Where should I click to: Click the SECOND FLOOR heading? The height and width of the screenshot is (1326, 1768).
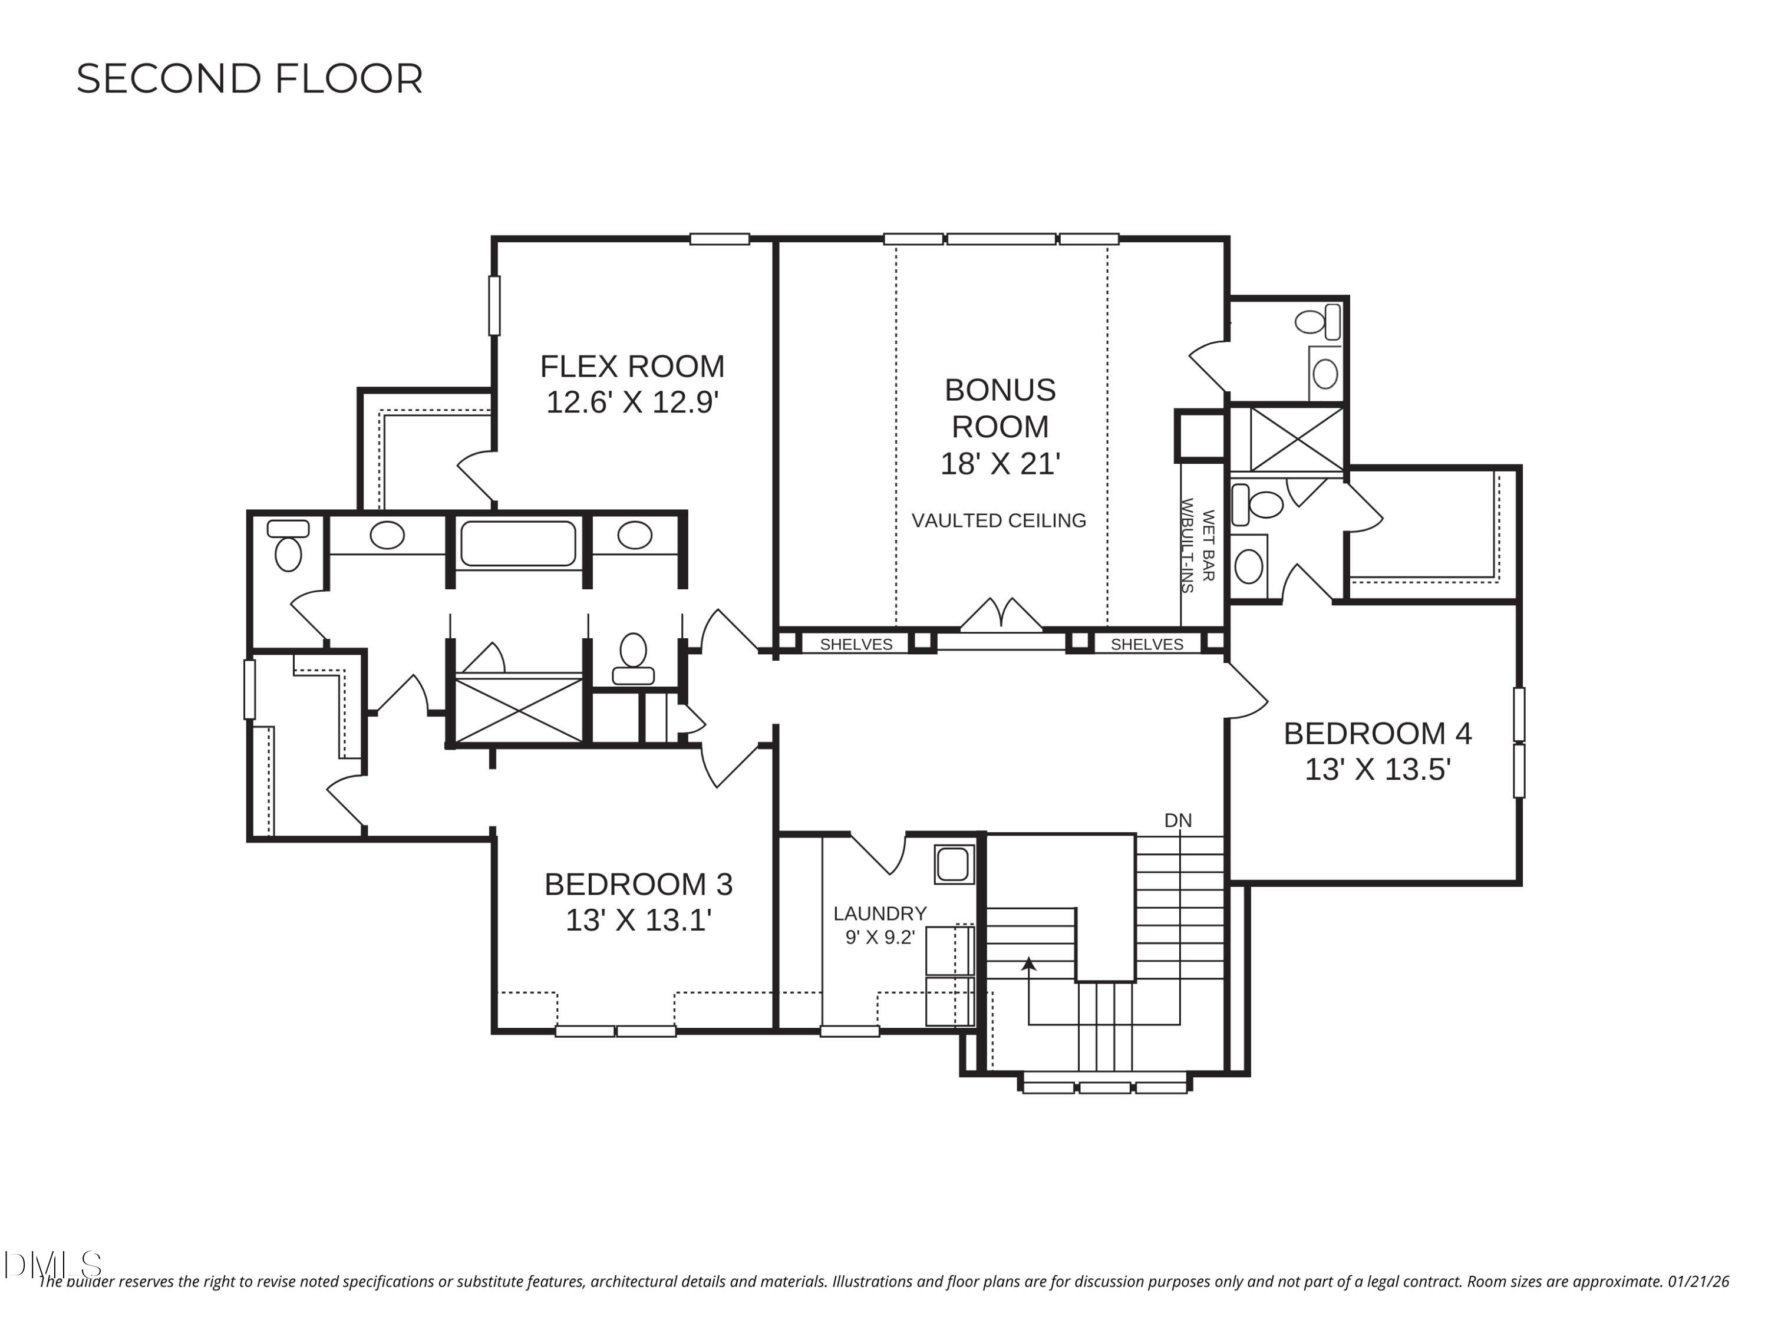coord(249,79)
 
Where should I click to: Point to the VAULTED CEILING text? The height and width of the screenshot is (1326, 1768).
coord(998,521)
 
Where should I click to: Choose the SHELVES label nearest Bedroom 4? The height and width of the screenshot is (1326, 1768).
coord(1146,644)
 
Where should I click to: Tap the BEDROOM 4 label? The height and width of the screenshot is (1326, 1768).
coord(1377,734)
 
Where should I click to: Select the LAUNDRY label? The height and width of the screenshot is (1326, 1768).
coord(879,913)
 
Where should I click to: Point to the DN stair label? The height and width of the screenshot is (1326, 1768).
coord(1177,821)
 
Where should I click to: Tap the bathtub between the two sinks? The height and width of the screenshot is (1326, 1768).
coord(518,543)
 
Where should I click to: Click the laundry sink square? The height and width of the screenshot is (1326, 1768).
coord(954,865)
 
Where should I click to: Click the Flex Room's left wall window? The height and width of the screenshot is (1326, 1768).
coord(494,305)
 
